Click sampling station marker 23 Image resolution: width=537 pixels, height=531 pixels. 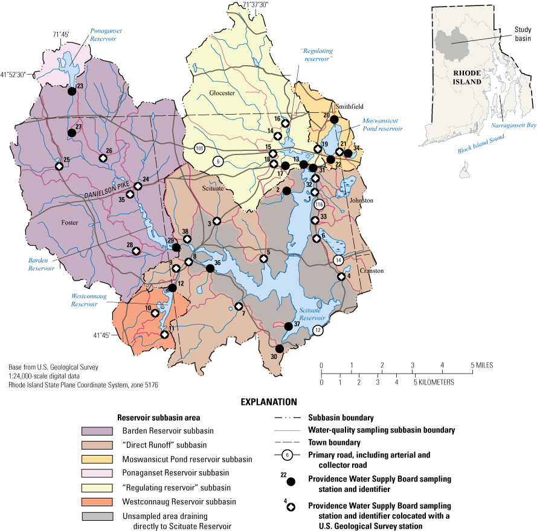tap(71, 91)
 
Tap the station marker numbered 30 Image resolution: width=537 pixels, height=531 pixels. tap(279, 349)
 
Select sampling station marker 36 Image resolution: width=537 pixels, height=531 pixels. tap(210, 268)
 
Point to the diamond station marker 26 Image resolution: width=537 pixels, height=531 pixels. tap(103, 158)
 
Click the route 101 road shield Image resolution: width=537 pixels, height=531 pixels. tap(199, 148)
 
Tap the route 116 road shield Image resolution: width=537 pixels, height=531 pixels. tap(320, 205)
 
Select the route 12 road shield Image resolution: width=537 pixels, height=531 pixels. tap(318, 330)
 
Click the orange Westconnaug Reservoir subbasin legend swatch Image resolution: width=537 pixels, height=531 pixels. tap(97, 501)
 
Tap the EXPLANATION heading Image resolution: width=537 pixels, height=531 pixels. tap(269, 401)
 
